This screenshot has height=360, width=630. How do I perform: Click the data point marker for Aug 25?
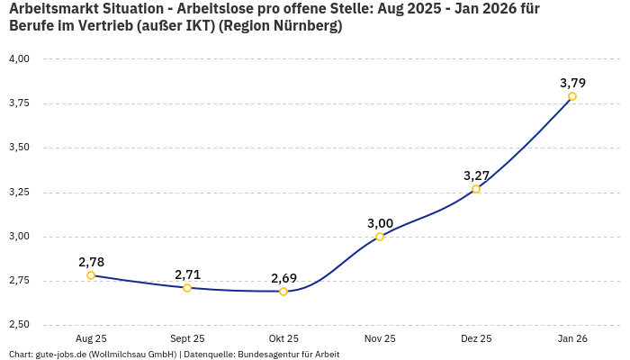pyautogui.click(x=91, y=275)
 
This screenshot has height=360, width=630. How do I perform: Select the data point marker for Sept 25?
pyautogui.click(x=187, y=288)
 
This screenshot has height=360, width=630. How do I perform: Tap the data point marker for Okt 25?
pyautogui.click(x=283, y=292)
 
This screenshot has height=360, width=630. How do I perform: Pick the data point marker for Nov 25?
pyautogui.click(x=380, y=237)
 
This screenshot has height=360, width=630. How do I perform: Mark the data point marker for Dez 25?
pyautogui.click(x=476, y=189)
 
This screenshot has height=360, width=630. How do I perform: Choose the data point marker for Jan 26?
pyautogui.click(x=572, y=96)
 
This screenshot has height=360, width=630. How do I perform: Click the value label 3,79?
pyautogui.click(x=572, y=83)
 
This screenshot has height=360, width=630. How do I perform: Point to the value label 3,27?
pyautogui.click(x=476, y=175)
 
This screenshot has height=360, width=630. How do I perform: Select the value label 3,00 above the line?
pyautogui.click(x=380, y=223)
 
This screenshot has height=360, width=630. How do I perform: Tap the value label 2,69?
pyautogui.click(x=283, y=278)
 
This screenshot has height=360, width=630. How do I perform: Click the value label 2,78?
pyautogui.click(x=91, y=262)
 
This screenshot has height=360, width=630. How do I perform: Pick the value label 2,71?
pyautogui.click(x=187, y=274)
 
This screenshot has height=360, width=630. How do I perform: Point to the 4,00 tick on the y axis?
pyautogui.click(x=19, y=58)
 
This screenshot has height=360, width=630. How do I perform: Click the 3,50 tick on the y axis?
pyautogui.click(x=19, y=148)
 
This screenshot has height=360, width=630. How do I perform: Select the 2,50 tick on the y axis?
pyautogui.click(x=19, y=325)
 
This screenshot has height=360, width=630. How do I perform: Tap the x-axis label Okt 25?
pyautogui.click(x=283, y=338)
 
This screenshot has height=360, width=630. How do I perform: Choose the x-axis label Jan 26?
pyautogui.click(x=572, y=338)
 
